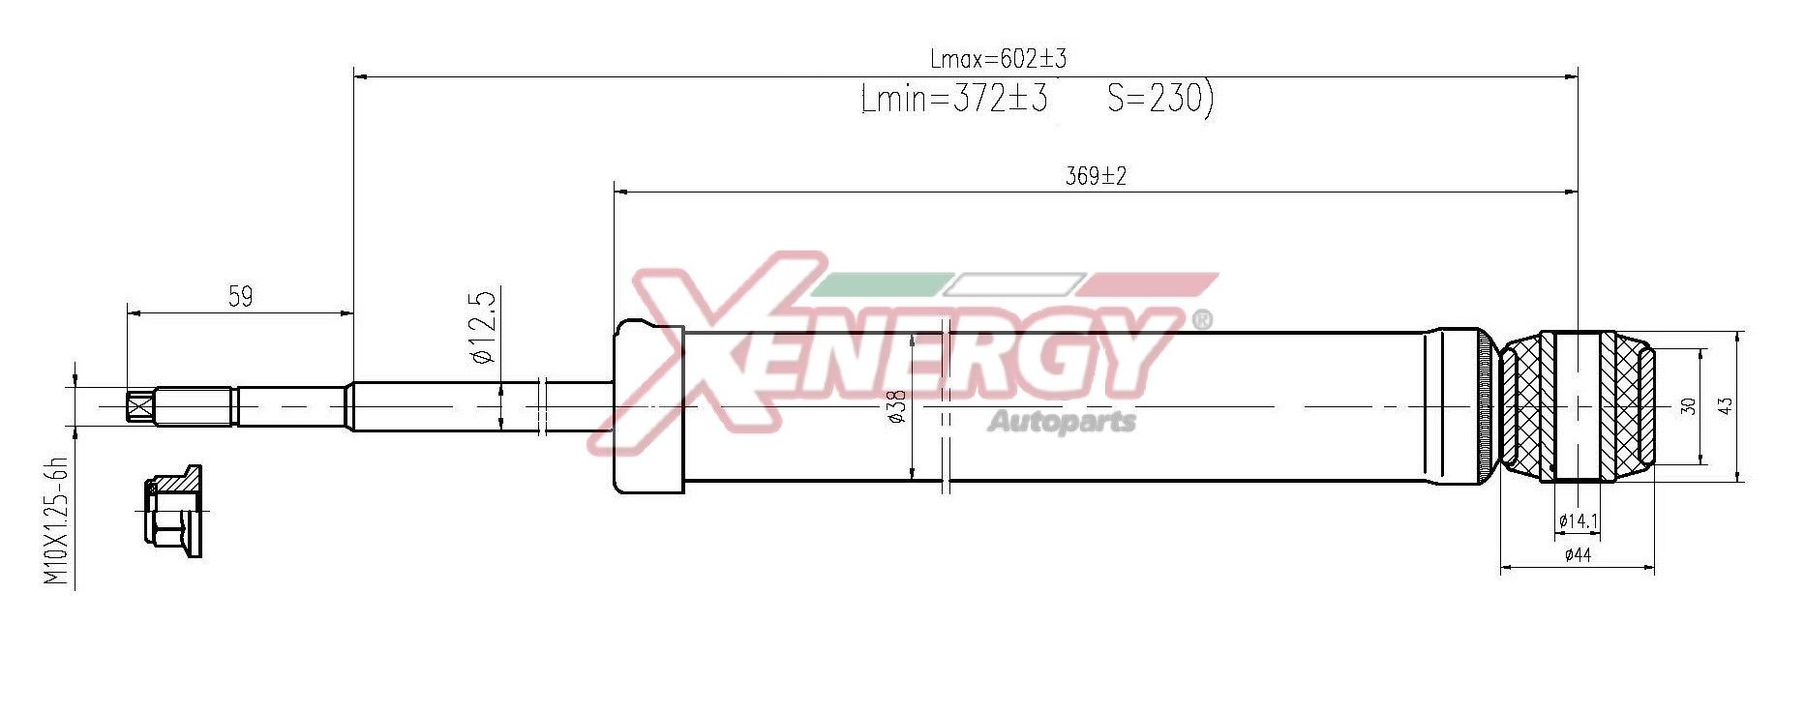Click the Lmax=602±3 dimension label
point(998,59)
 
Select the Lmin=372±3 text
point(953,99)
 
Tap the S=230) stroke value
point(1159,98)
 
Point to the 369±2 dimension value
point(1096,176)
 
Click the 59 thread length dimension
point(240,296)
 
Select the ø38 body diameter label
point(896,405)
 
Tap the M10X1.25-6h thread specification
point(57,520)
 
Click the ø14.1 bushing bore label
point(1578,521)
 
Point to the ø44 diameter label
point(1578,555)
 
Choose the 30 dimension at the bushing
point(1689,406)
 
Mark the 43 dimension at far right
point(1725,406)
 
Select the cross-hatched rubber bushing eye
point(1578,406)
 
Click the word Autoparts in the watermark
point(1062,422)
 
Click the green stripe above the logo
point(876,284)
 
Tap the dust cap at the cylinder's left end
point(648,406)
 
